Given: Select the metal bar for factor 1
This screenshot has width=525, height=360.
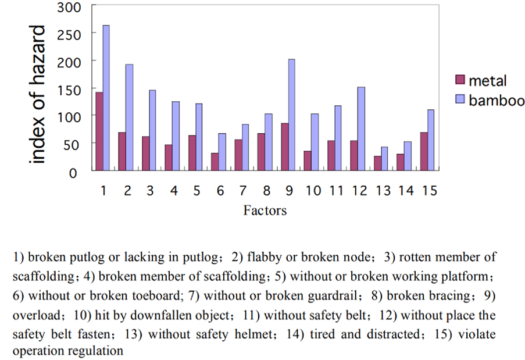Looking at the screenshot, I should [99, 131].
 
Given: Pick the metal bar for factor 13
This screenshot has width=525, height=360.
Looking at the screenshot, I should [378, 163].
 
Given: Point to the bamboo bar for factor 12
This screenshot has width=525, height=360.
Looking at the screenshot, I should [361, 129].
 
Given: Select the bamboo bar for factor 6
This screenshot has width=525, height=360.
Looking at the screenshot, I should [222, 152].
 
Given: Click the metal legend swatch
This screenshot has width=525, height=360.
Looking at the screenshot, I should [459, 80].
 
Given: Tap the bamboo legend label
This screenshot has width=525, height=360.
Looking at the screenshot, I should [497, 99].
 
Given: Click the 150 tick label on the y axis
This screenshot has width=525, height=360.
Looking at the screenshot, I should [74, 89].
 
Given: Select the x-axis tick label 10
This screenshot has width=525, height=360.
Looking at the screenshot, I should [313, 191].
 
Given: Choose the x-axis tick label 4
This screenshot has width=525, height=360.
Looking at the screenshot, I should [174, 191].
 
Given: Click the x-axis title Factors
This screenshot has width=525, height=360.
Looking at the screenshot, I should [265, 211].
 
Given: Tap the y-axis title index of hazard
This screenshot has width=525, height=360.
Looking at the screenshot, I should [37, 94].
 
